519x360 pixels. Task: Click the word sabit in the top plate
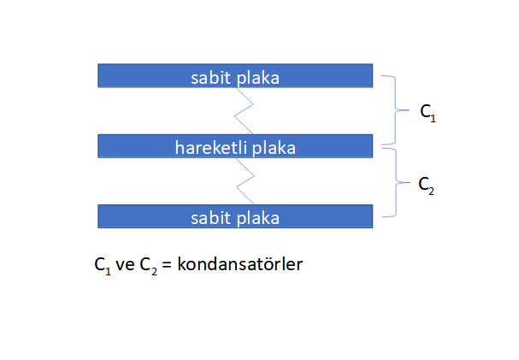pyautogui.click(x=210, y=78)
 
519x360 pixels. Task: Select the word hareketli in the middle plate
pyautogui.click(x=211, y=148)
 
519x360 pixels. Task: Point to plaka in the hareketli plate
pyautogui.click(x=274, y=149)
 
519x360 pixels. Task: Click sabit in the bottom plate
pyautogui.click(x=210, y=218)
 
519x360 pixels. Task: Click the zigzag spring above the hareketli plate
pyautogui.click(x=244, y=111)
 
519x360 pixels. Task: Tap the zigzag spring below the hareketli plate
pyautogui.click(x=245, y=181)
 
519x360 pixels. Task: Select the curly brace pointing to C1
pyautogui.click(x=396, y=110)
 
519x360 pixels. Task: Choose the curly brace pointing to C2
pyautogui.click(x=397, y=182)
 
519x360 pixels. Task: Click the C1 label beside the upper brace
pyautogui.click(x=428, y=113)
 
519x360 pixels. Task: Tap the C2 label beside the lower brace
pyautogui.click(x=426, y=185)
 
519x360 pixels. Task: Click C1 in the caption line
pyautogui.click(x=103, y=266)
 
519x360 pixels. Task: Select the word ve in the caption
pyautogui.click(x=125, y=265)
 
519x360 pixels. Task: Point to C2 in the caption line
pyautogui.click(x=148, y=266)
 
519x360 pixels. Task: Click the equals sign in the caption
pyautogui.click(x=167, y=265)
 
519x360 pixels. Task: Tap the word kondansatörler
pyautogui.click(x=240, y=264)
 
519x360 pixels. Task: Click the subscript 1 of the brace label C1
pyautogui.click(x=433, y=119)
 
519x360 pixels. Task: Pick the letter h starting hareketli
pyautogui.click(x=180, y=148)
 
